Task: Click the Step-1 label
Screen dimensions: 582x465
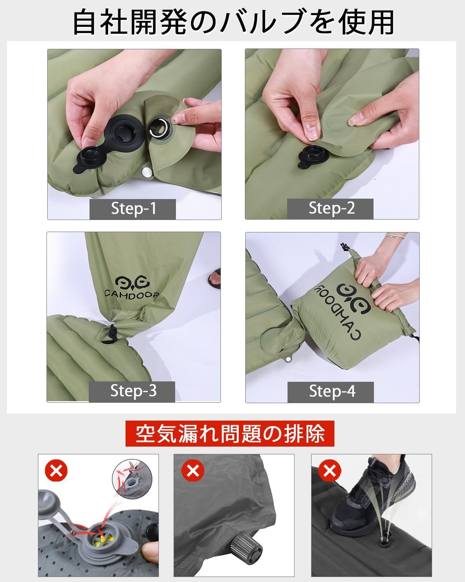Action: (133, 209)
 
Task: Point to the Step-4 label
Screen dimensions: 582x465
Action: (331, 391)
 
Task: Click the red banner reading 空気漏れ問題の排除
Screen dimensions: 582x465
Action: (230, 433)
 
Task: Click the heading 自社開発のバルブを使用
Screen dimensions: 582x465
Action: (232, 22)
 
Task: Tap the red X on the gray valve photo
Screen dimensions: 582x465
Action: (56, 471)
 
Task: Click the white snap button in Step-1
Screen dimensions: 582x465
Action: (147, 171)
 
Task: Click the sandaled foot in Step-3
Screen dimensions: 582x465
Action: (214, 278)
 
